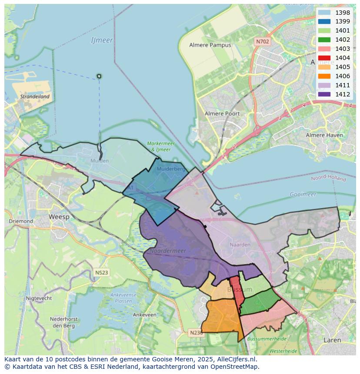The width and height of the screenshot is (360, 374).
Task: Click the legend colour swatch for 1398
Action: [324, 12]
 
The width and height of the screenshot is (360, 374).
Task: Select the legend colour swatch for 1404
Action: [324, 58]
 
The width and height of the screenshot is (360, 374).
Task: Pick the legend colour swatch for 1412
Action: [324, 94]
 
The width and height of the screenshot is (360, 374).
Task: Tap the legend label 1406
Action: [343, 76]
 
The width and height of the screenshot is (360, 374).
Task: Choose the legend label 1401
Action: [343, 30]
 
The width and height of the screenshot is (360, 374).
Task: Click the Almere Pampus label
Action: [210, 45]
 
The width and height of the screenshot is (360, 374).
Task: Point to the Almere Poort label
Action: [222, 114]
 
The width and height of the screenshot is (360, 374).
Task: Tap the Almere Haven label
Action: [324, 135]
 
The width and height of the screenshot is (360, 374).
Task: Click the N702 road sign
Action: [262, 42]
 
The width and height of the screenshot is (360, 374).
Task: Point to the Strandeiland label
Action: [35, 96]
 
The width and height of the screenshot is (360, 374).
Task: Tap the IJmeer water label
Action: [102, 40]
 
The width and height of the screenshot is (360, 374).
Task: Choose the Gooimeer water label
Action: [303, 194]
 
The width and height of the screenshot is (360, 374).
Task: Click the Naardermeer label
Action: [168, 251]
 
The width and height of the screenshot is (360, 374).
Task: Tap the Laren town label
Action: [332, 340]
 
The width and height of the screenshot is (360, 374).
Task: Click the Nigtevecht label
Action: [39, 298]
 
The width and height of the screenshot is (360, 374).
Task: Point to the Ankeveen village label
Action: [145, 315]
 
